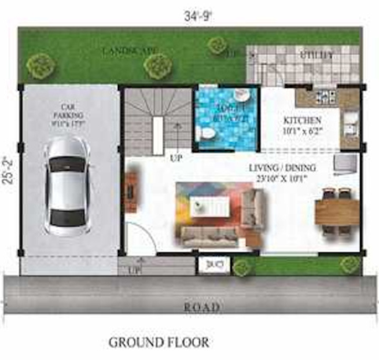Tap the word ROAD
202,307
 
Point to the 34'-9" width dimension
198,16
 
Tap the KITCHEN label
301,120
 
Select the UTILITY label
316,56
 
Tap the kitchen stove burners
325,95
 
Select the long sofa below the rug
209,234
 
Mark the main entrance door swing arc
139,238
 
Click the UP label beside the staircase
174,157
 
